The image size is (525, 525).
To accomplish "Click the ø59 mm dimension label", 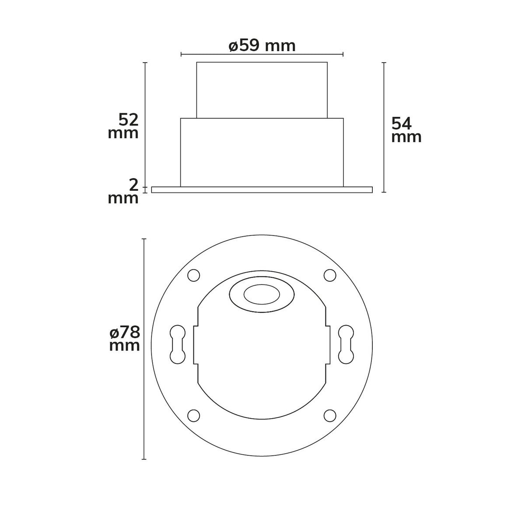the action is (262, 46).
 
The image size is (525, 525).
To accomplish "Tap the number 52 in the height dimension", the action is (129, 120).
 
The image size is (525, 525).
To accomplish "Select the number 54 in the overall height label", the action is (402, 124).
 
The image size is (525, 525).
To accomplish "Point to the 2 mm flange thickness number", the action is (133, 185).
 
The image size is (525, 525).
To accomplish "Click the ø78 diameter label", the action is (125, 332).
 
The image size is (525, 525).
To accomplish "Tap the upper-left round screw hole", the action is (194, 275).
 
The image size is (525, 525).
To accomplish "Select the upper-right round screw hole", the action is (330, 275).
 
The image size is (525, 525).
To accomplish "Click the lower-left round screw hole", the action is (194, 416).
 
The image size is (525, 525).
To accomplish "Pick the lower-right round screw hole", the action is (330, 416).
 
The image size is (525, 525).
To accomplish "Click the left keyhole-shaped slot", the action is (177, 344).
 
